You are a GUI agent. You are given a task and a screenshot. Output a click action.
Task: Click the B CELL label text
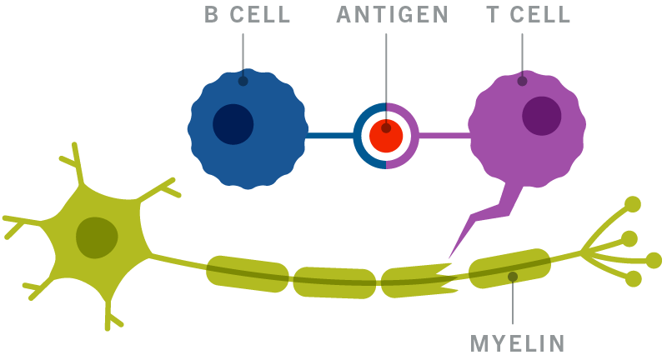click(x=247, y=15)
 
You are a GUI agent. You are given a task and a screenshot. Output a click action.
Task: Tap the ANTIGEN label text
click(x=393, y=15)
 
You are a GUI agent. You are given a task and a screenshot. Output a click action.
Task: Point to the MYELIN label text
click(x=518, y=342)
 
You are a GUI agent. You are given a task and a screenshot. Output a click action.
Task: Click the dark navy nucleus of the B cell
click(x=233, y=124)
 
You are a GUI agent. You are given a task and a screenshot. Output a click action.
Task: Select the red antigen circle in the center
click(x=387, y=135)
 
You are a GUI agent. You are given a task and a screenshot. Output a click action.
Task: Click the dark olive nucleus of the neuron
click(x=97, y=237)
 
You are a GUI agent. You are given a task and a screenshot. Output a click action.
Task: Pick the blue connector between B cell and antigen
click(x=329, y=135)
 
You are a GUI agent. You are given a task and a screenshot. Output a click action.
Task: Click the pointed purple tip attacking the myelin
click(x=451, y=254)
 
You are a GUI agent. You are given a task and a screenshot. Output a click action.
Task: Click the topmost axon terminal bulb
click(x=633, y=203)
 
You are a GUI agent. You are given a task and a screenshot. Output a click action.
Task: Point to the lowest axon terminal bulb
click(x=634, y=278)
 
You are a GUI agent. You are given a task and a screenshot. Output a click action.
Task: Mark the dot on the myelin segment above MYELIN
click(x=512, y=276)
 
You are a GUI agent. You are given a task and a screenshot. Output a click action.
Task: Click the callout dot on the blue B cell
click(x=243, y=82)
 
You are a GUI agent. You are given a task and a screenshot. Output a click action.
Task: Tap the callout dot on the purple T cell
click(x=522, y=82)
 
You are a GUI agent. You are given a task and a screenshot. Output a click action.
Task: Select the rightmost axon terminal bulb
click(x=654, y=260)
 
